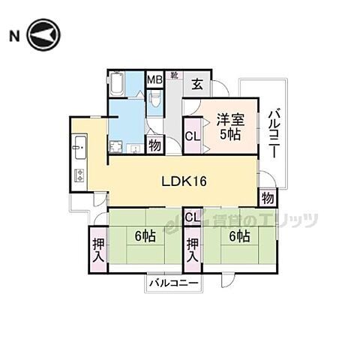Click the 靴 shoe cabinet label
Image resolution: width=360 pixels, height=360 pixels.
coord(173,75)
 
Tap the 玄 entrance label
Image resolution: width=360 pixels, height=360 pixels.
coord(196,83)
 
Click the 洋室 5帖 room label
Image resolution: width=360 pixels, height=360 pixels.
coord(231,124)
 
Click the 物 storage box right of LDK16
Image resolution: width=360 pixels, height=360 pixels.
coord(267,198)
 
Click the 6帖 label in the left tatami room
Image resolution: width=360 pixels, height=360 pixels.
coord(145,236)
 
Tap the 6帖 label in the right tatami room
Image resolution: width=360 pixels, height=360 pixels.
coord(241,236)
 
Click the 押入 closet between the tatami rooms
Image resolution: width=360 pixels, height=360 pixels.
coord(193,249)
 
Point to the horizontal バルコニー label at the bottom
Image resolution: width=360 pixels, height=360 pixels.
coord(172,283)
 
